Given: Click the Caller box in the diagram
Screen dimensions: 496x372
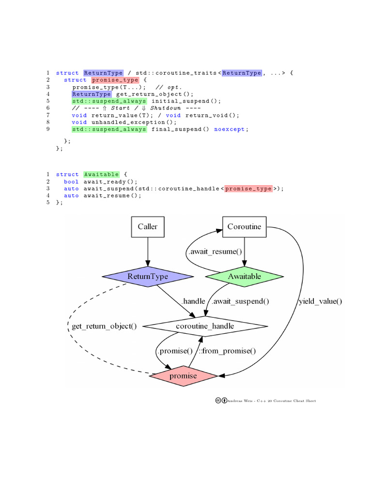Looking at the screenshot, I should pos(147,227).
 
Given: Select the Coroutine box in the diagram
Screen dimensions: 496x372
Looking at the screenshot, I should pos(244,227).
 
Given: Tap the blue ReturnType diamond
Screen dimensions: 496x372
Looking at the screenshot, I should pos(147,277).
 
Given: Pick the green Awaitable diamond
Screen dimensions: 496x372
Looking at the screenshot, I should pos(244,277).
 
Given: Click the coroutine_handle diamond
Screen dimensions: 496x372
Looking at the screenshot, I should pos(205,326).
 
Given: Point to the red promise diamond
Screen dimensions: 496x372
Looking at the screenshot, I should pos(183,376).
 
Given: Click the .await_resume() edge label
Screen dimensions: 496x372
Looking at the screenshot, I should pos(215,251).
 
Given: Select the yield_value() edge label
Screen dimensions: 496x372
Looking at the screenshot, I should pos(320,301).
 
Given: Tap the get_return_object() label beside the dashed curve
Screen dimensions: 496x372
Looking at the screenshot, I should pos(104,326).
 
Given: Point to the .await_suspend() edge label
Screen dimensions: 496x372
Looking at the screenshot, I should pos(240,301).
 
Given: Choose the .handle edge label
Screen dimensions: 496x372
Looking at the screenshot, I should pos(193,301).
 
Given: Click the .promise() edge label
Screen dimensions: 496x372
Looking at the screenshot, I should pos(174,351).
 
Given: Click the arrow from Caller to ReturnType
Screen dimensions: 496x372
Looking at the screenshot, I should pos(147,252).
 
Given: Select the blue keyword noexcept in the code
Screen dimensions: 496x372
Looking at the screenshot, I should pos(230,129).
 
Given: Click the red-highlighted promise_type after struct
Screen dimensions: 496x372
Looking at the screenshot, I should pos(115,80).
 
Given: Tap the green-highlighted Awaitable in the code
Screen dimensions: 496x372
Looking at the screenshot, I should pos(101,174).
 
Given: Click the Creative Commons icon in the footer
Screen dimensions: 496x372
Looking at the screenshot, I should pos(218,401).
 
